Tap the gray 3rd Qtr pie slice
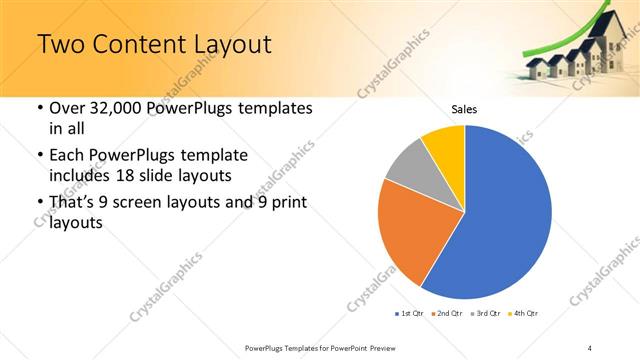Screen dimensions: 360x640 click(x=406, y=165)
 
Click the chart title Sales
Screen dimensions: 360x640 click(x=464, y=109)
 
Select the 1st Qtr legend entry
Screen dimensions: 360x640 click(x=410, y=314)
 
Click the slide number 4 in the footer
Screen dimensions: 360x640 click(x=590, y=347)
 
